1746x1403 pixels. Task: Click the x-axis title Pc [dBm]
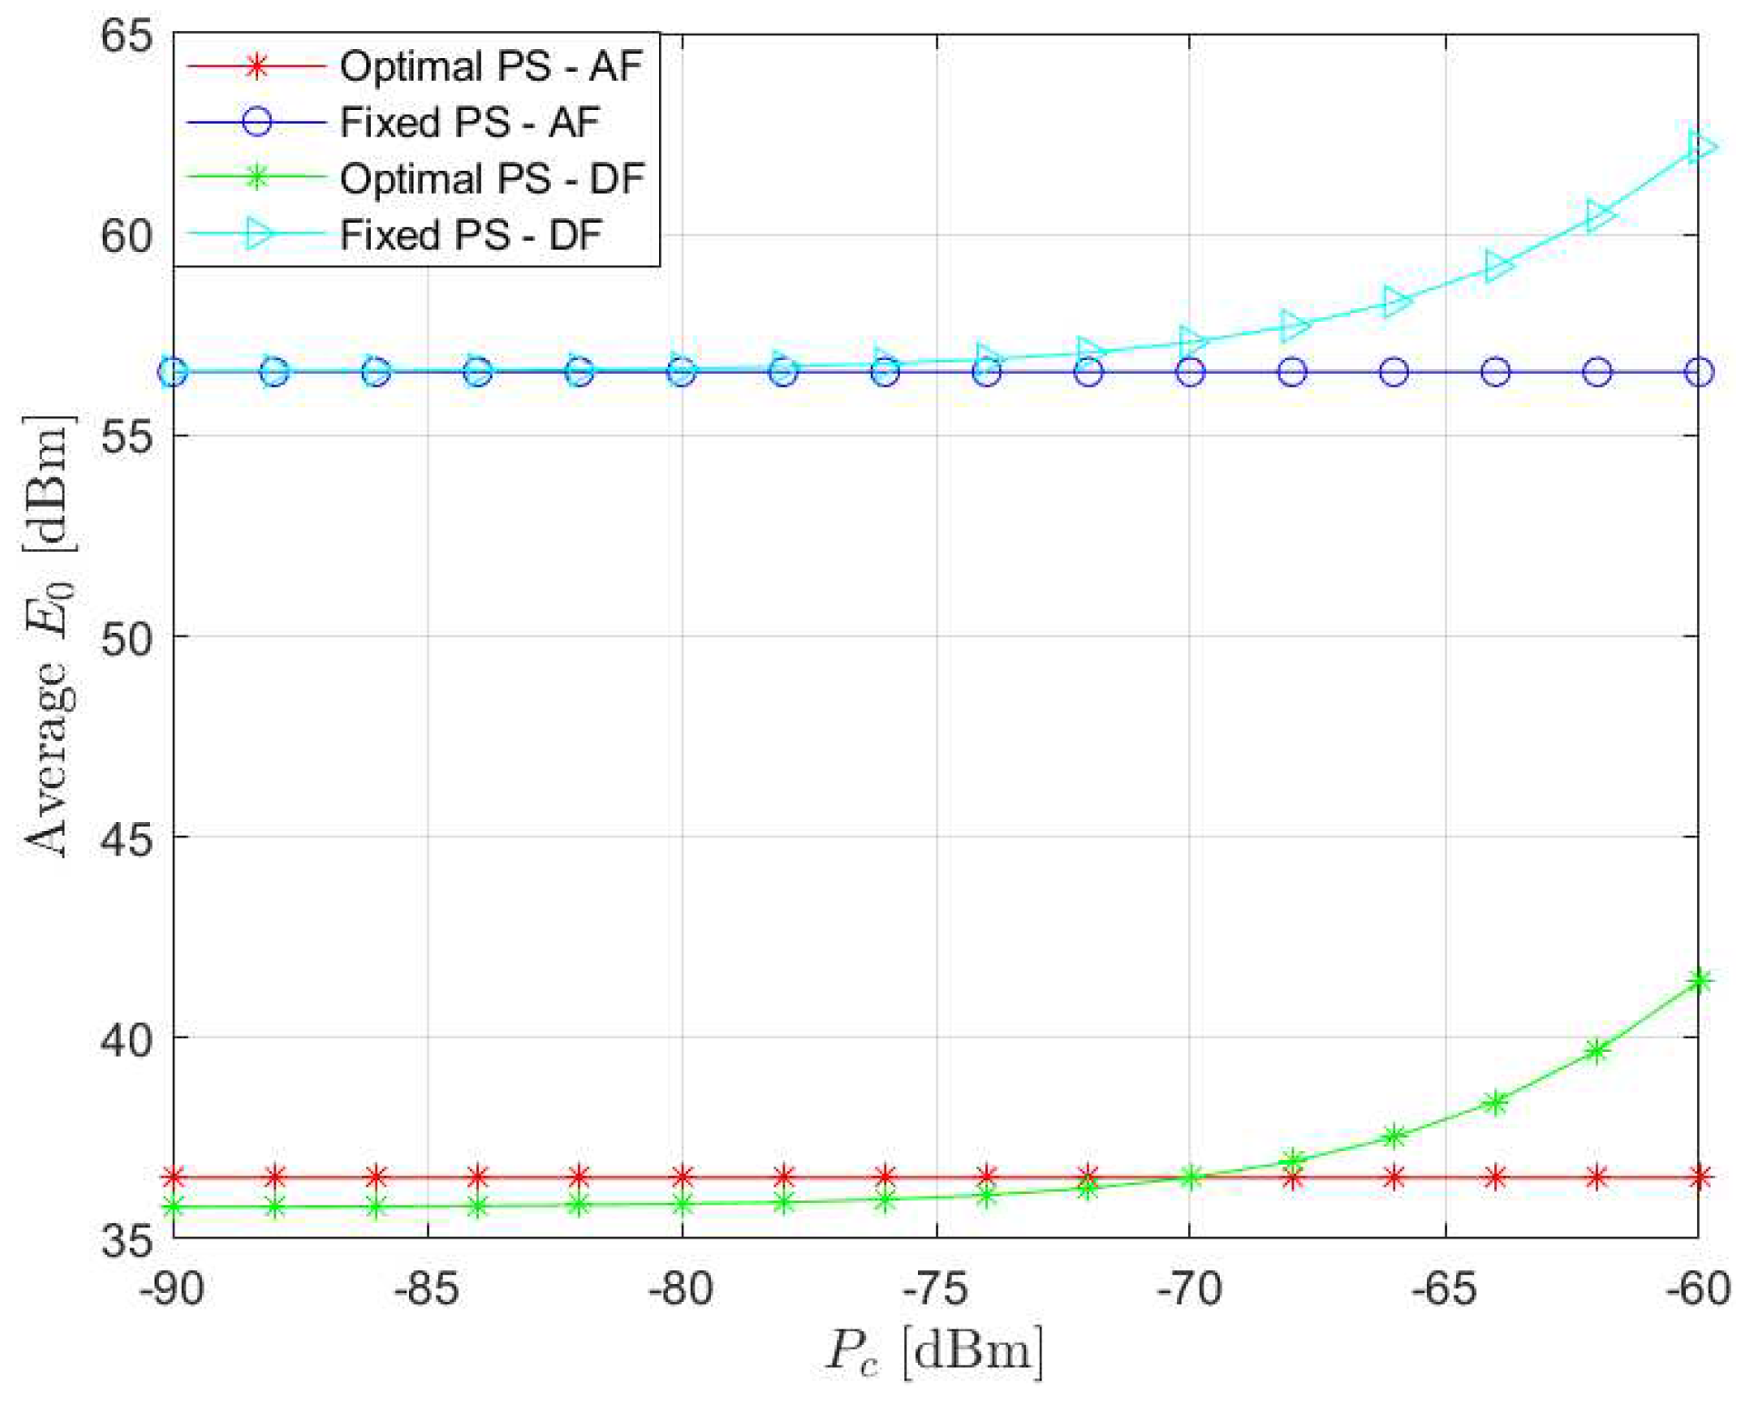pyautogui.click(x=934, y=1352)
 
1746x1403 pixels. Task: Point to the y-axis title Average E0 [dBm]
pyautogui.click(x=47, y=636)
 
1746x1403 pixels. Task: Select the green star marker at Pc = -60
pyautogui.click(x=1699, y=980)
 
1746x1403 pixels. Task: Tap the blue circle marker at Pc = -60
pyautogui.click(x=1699, y=372)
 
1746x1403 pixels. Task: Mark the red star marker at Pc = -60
pyautogui.click(x=1699, y=1178)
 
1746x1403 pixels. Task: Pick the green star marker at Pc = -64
pyautogui.click(x=1495, y=1103)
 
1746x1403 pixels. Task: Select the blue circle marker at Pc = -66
pyautogui.click(x=1394, y=372)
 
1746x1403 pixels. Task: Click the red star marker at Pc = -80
pyautogui.click(x=683, y=1178)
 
